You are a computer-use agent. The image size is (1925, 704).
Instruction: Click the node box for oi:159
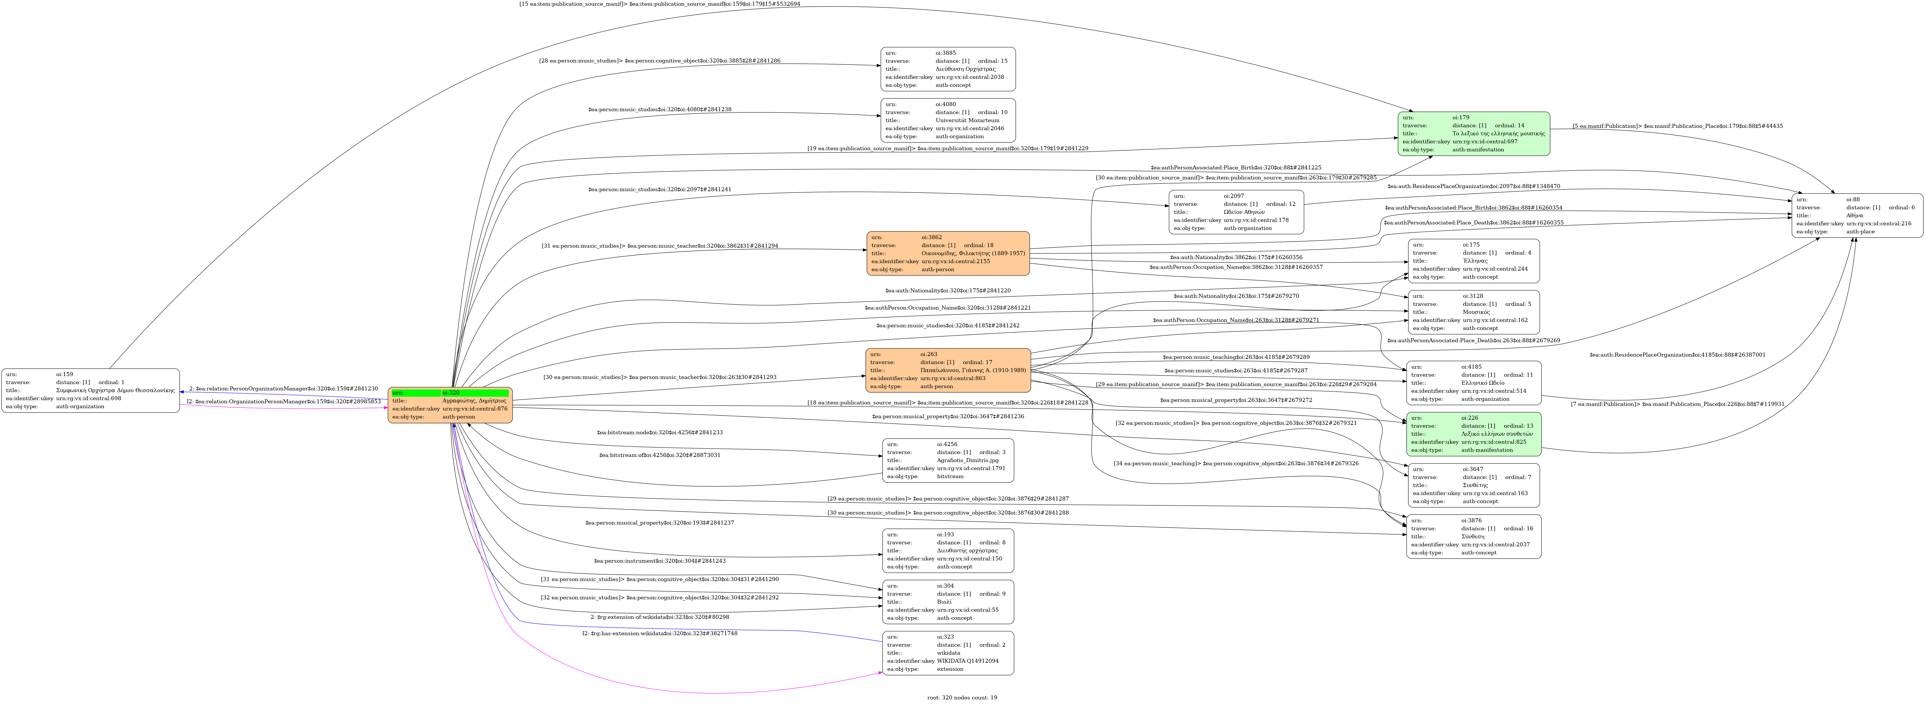coord(90,390)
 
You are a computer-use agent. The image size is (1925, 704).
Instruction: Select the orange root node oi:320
coord(450,405)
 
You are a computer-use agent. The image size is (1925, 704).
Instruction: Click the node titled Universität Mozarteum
coord(947,120)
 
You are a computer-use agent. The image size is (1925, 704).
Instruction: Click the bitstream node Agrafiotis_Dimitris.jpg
coord(947,460)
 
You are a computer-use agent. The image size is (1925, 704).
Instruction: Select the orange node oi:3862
coord(947,253)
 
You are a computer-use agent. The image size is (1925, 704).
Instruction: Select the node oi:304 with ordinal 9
coord(947,602)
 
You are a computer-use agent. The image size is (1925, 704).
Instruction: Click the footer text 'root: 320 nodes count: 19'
coord(962,697)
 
